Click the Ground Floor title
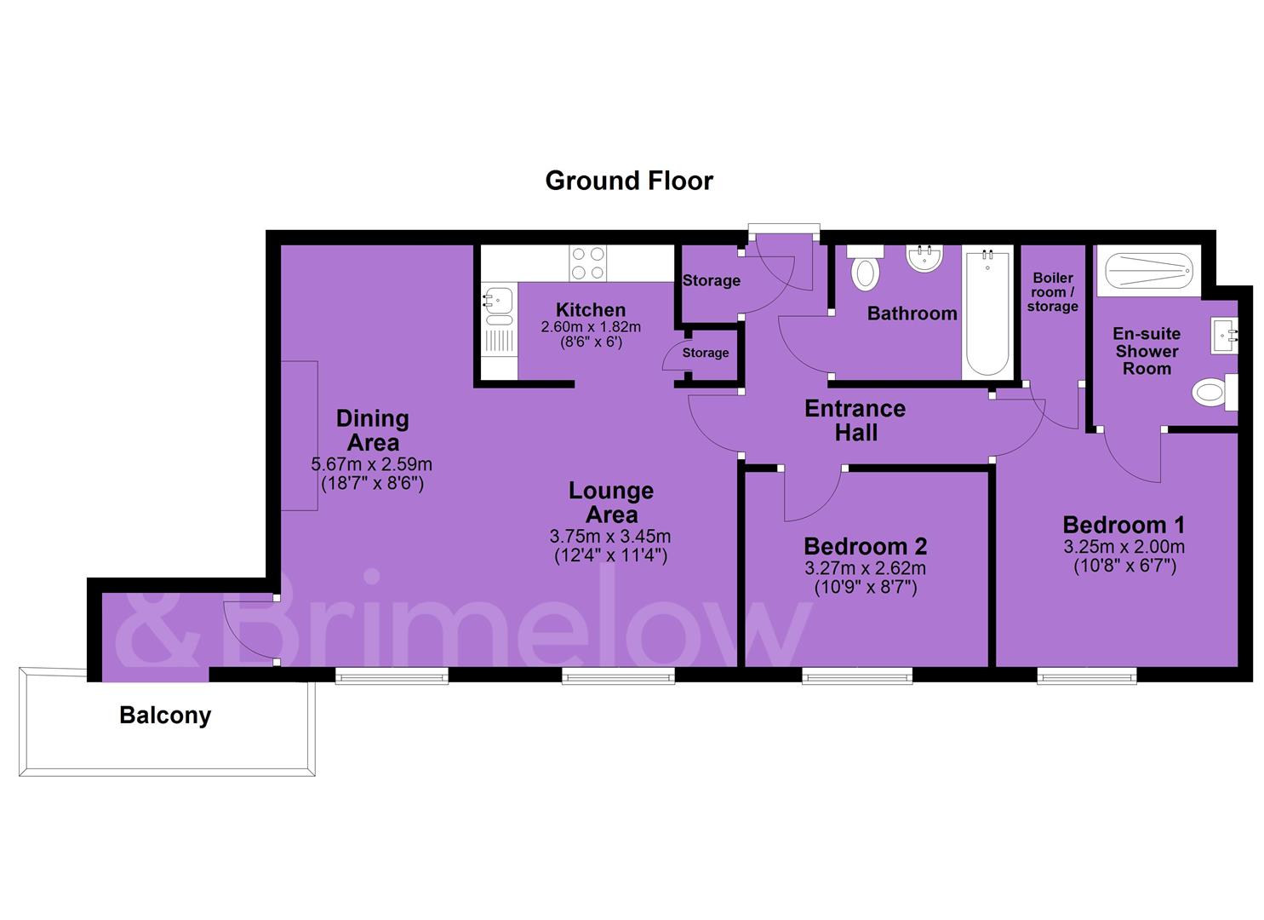(629, 181)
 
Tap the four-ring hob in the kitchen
(587, 263)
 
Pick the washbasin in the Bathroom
(924, 258)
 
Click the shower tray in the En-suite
(1149, 271)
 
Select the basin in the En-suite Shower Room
(1224, 336)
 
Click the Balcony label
(165, 716)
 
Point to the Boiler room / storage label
(1052, 292)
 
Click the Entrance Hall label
(855, 420)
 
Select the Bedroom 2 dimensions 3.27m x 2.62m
(865, 567)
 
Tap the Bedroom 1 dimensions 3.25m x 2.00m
(1124, 546)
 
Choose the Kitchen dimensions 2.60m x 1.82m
(591, 327)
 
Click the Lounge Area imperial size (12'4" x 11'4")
(610, 555)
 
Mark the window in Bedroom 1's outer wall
(1087, 676)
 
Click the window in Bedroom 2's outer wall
(857, 676)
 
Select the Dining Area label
(373, 430)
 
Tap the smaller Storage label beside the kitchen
(706, 353)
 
